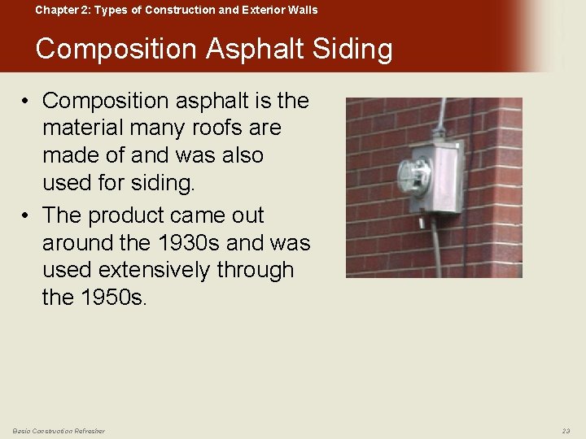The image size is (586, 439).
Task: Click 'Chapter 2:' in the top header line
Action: (x=59, y=10)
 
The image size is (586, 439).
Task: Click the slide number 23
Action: (x=566, y=430)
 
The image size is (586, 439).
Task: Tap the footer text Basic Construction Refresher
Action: (x=59, y=430)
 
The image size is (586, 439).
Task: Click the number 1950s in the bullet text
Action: (x=114, y=298)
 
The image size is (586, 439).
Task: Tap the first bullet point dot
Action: (x=27, y=101)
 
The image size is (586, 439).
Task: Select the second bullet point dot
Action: (x=27, y=216)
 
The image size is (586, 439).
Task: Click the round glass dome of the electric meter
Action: (x=413, y=176)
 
